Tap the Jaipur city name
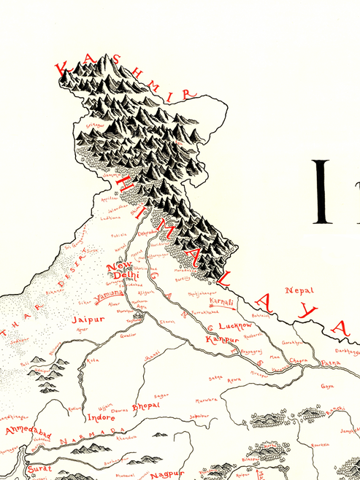tap(84, 320)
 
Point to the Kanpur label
tap(222, 340)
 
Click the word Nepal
tap(299, 290)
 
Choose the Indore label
tap(102, 419)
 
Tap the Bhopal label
tap(145, 405)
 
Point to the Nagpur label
tap(165, 475)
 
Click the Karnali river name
tap(221, 301)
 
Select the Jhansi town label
tap(152, 354)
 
